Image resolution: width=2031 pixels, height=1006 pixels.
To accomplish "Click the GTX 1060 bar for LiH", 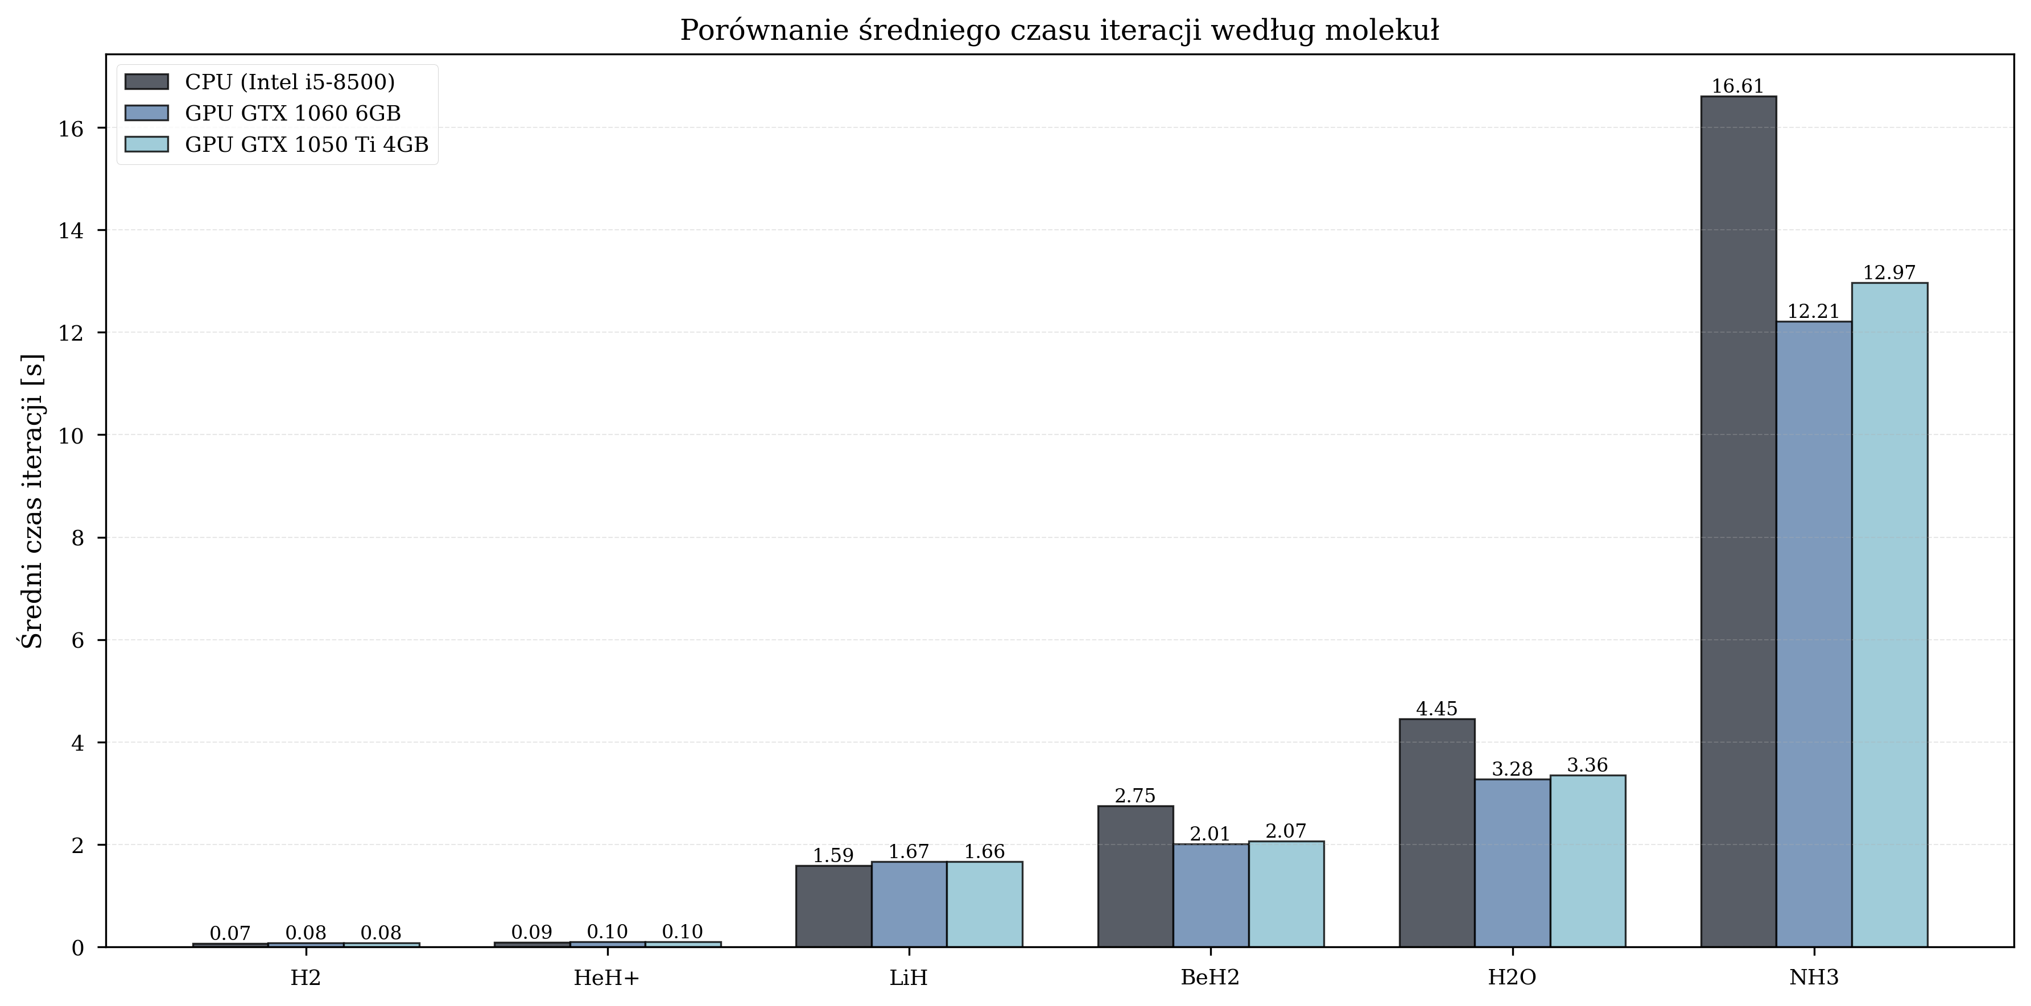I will click(909, 904).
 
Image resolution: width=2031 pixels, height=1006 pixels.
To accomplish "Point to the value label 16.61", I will click(1737, 86).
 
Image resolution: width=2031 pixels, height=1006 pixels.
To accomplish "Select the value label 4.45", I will click(1436, 709).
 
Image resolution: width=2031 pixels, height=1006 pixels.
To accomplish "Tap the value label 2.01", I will click(1209, 834).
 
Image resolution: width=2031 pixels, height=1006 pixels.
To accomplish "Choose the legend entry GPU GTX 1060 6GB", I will click(292, 114).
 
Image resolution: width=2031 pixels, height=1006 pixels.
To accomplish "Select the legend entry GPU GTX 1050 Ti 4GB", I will click(307, 145).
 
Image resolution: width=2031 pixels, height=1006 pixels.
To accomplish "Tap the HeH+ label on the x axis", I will click(606, 978).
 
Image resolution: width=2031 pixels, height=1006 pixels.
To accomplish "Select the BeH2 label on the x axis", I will click(1209, 978).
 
